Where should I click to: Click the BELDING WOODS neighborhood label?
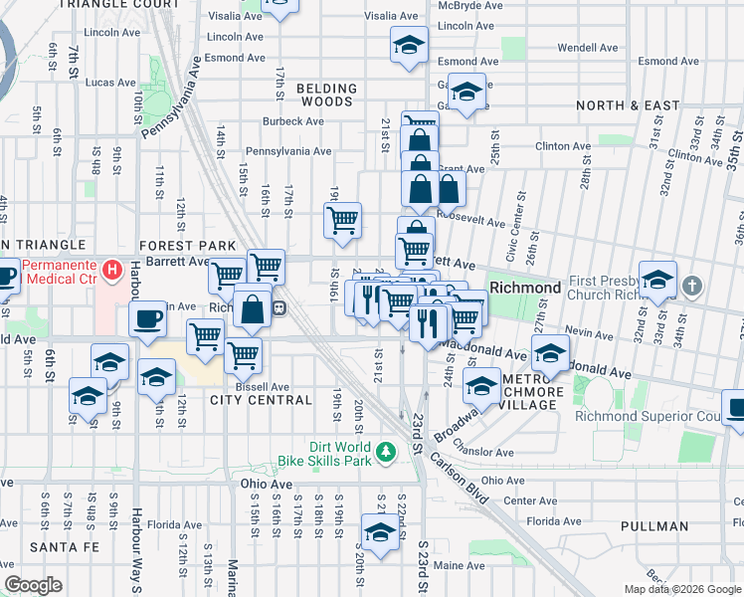pyautogui.click(x=324, y=95)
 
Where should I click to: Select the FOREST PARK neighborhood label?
pyautogui.click(x=188, y=246)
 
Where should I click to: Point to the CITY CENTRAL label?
pyautogui.click(x=261, y=400)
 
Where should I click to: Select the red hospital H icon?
pyautogui.click(x=112, y=269)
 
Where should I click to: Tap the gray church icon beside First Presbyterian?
pyautogui.click(x=693, y=287)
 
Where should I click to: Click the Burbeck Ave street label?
pyautogui.click(x=293, y=122)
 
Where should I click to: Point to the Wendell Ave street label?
pyautogui.click(x=588, y=47)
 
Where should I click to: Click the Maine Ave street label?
pyautogui.click(x=459, y=565)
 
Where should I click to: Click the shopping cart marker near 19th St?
pyautogui.click(x=342, y=220)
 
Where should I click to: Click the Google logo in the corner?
pyautogui.click(x=34, y=584)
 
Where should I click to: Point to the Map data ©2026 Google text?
pyautogui.click(x=681, y=588)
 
